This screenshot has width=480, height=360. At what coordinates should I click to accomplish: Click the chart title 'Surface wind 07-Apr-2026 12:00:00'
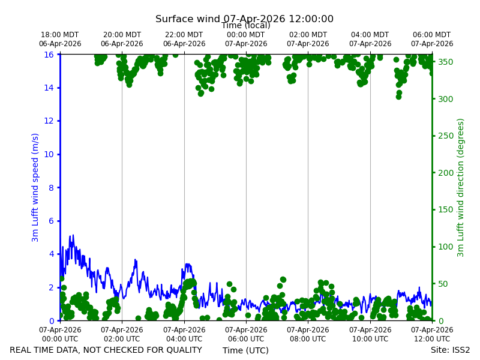coord(244,19)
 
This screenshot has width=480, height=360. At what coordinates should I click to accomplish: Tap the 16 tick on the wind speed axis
coord(49,55)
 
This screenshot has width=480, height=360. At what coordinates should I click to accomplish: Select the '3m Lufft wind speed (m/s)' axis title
coord(35,187)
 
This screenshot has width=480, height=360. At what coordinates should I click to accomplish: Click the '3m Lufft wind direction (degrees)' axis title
coord(460,188)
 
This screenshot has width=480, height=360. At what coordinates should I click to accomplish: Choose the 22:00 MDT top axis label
coord(184,39)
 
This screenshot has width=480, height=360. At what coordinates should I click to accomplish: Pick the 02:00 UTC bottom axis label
coord(122,334)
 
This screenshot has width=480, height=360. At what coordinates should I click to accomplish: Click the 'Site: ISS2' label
coord(450,350)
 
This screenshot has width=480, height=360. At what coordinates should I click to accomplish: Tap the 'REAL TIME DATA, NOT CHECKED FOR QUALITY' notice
coord(106,350)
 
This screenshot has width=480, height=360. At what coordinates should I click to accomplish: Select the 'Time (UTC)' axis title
coord(245,350)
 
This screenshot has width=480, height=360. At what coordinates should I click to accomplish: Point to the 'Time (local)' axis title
coord(246,25)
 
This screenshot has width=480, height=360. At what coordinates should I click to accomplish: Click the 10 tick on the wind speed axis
coord(49,154)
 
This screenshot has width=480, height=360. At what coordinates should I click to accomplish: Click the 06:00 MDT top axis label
coord(432,39)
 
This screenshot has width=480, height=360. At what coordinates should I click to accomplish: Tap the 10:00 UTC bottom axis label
coord(370,334)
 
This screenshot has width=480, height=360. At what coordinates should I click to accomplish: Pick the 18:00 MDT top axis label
coord(60,39)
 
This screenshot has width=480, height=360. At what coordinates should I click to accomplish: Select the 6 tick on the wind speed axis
coord(51,221)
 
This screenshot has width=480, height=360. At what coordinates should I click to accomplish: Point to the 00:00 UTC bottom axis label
coord(60,334)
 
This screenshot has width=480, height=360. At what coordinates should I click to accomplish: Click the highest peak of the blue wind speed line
coord(73,235)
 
